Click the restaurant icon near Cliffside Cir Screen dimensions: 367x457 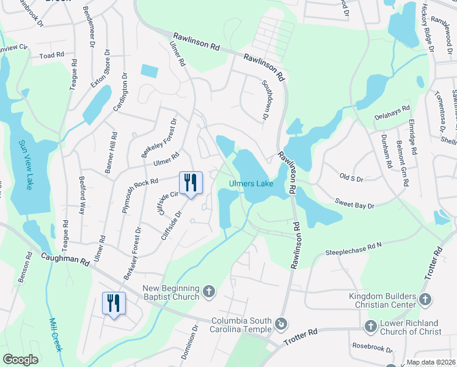click(191, 182)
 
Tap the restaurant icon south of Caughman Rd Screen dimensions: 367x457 click(114, 303)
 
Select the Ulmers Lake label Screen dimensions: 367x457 click(250, 183)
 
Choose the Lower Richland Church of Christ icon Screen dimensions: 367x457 click(370, 327)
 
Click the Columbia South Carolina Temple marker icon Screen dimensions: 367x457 click(281, 322)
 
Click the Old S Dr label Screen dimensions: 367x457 click(351, 178)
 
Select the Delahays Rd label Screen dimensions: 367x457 click(392, 111)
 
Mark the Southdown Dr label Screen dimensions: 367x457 click(266, 100)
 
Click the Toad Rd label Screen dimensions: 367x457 click(51, 55)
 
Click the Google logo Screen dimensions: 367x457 click(20, 360)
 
